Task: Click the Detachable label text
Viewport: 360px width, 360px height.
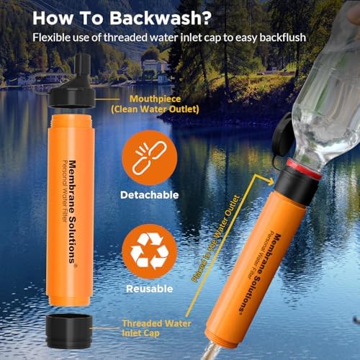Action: (149, 195)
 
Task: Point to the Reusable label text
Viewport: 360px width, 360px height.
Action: (149, 289)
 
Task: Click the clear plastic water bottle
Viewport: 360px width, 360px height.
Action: (320, 94)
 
